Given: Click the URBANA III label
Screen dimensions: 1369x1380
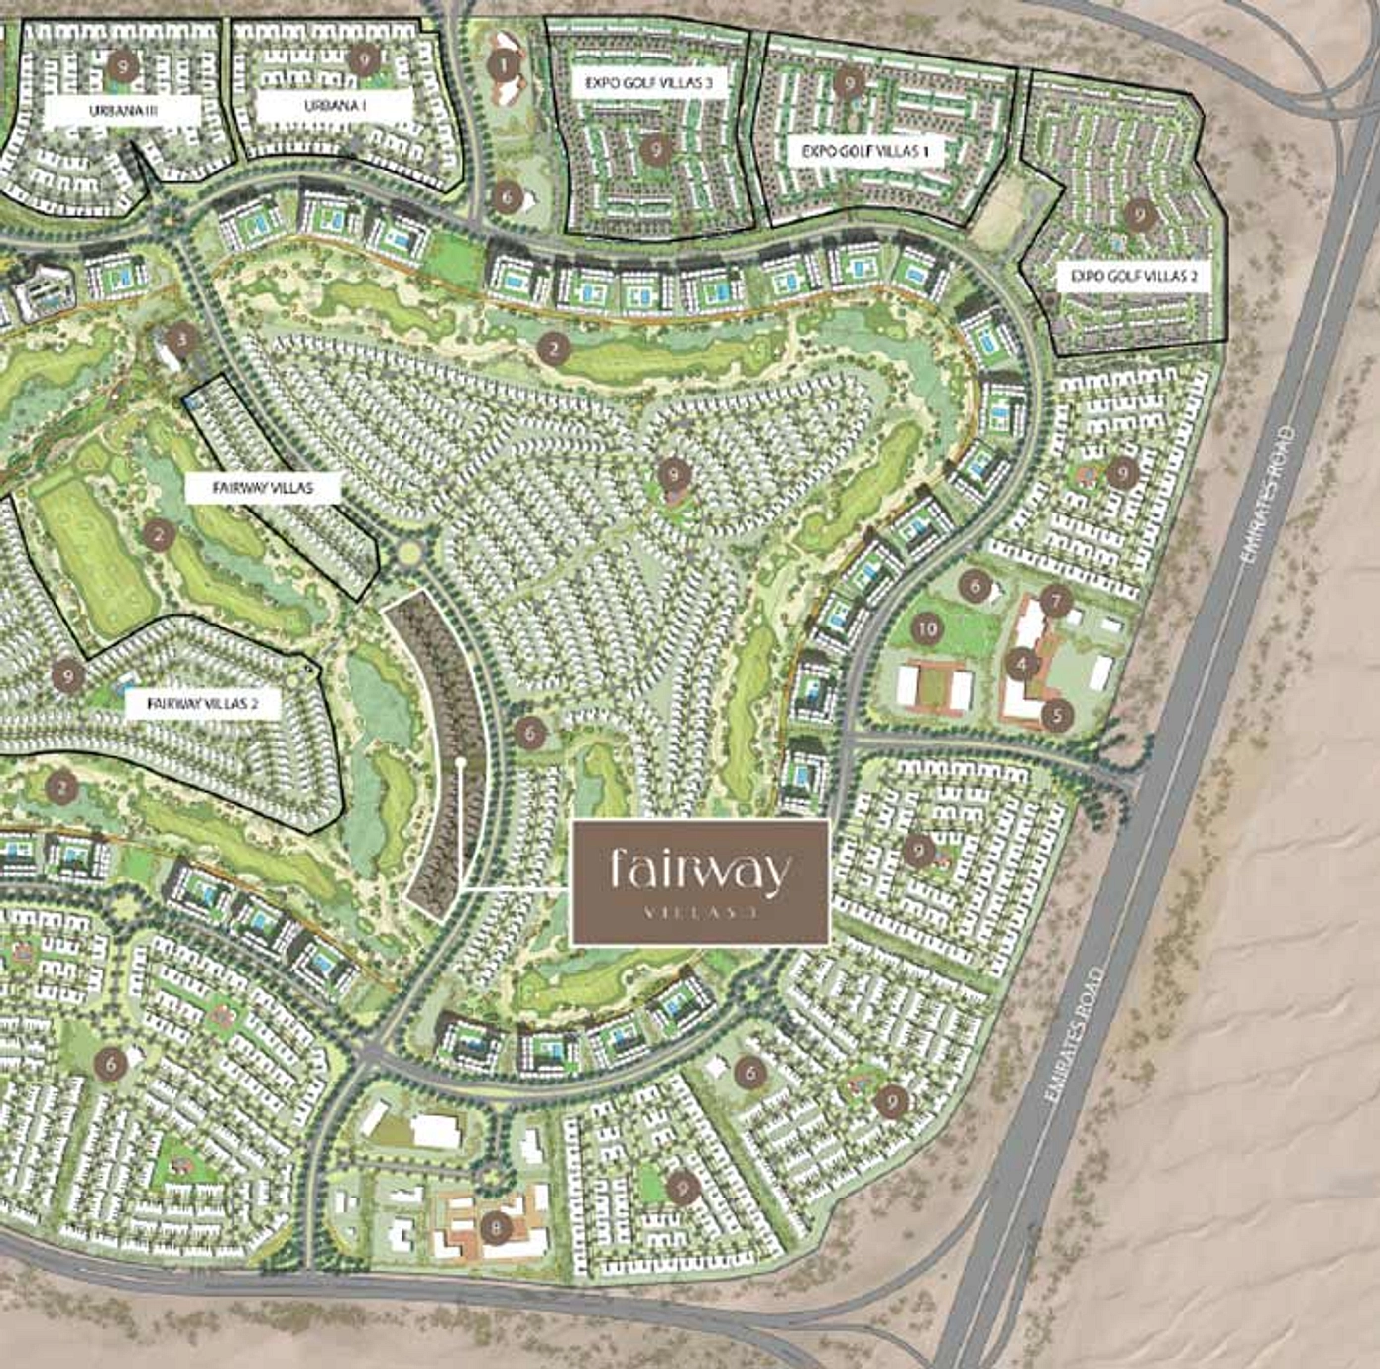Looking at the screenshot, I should click(123, 110).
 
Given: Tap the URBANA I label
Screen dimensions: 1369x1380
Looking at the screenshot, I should click(333, 106).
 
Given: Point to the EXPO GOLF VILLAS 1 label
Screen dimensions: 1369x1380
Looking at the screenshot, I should click(865, 151).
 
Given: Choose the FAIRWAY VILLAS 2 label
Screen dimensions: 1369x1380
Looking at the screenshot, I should click(203, 703).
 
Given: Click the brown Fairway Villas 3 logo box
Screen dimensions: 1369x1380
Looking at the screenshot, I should click(700, 881).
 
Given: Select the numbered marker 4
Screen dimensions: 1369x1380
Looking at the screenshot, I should click(1022, 663).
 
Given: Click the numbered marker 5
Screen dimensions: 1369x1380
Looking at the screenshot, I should click(1058, 713).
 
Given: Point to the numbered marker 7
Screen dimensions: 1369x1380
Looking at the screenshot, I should click(1057, 600).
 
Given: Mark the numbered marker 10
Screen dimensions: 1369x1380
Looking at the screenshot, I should click(927, 627).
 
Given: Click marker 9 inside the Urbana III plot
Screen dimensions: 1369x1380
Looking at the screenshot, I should click(122, 66).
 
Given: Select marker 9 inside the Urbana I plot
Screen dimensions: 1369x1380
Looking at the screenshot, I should click(365, 59).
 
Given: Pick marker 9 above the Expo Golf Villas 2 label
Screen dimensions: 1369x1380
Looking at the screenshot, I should click(1140, 212).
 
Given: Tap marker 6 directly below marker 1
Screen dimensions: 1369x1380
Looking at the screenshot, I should click(506, 195).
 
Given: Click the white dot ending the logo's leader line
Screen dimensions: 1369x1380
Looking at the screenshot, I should click(462, 762).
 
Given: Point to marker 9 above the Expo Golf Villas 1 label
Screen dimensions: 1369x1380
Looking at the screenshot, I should click(848, 83).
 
